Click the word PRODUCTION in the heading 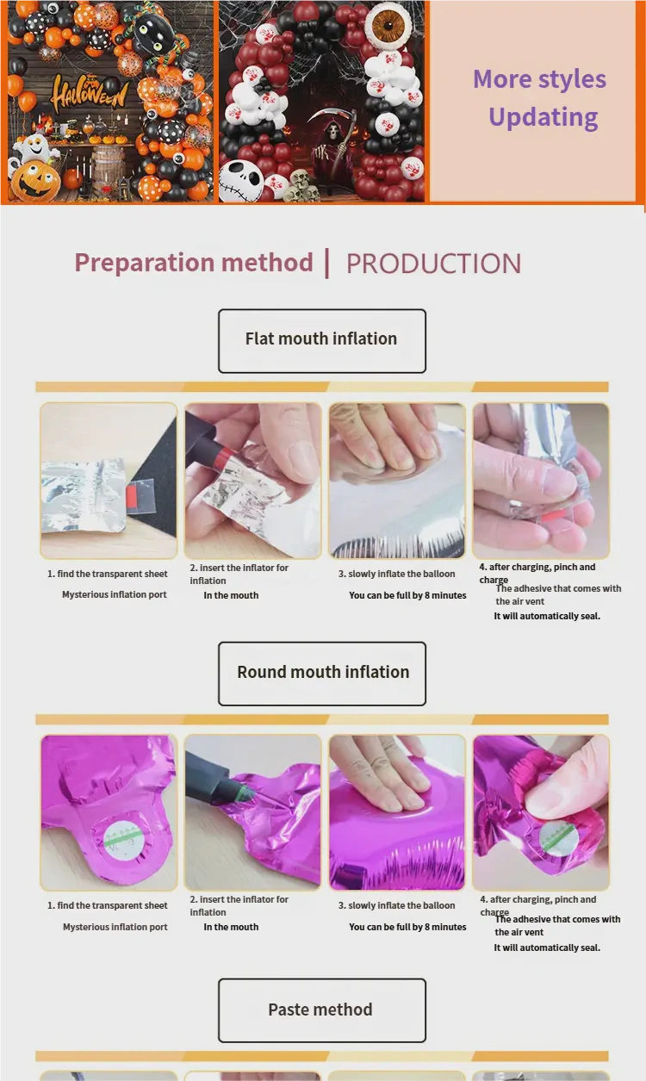433,264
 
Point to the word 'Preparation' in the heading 144,264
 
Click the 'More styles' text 539,78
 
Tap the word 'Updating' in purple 544,117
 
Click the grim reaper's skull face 332,131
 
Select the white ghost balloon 33,147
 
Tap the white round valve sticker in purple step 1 119,838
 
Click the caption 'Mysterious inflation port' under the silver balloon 115,594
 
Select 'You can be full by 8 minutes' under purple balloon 407,927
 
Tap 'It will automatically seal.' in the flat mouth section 547,616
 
